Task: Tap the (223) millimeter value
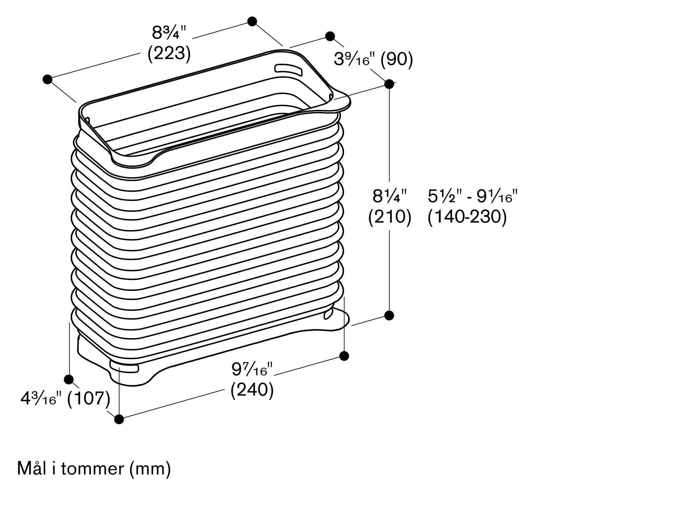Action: click(x=169, y=54)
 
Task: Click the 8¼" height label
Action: click(x=390, y=196)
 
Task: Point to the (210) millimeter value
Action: click(x=390, y=217)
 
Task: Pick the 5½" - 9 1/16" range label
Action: click(x=472, y=196)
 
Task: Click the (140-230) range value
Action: click(x=467, y=217)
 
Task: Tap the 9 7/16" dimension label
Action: click(x=252, y=369)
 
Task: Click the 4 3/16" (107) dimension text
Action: click(x=65, y=398)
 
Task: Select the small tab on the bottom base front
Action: click(x=124, y=367)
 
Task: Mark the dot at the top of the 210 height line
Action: click(x=389, y=84)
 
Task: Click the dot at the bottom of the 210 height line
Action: click(x=389, y=315)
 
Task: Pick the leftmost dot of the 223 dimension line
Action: click(x=48, y=79)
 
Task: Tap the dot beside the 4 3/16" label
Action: click(x=69, y=379)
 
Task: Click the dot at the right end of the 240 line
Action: click(x=344, y=356)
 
